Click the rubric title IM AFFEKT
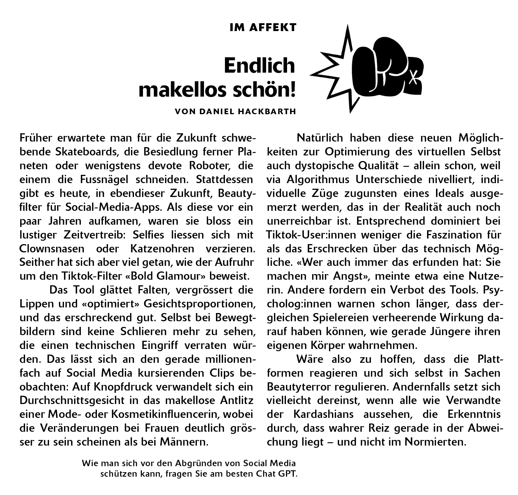pyautogui.click(x=263, y=27)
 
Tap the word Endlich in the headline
pyautogui.click(x=259, y=66)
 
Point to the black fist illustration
pyautogui.click(x=386, y=66)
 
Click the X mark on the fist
pyautogui.click(x=413, y=77)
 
